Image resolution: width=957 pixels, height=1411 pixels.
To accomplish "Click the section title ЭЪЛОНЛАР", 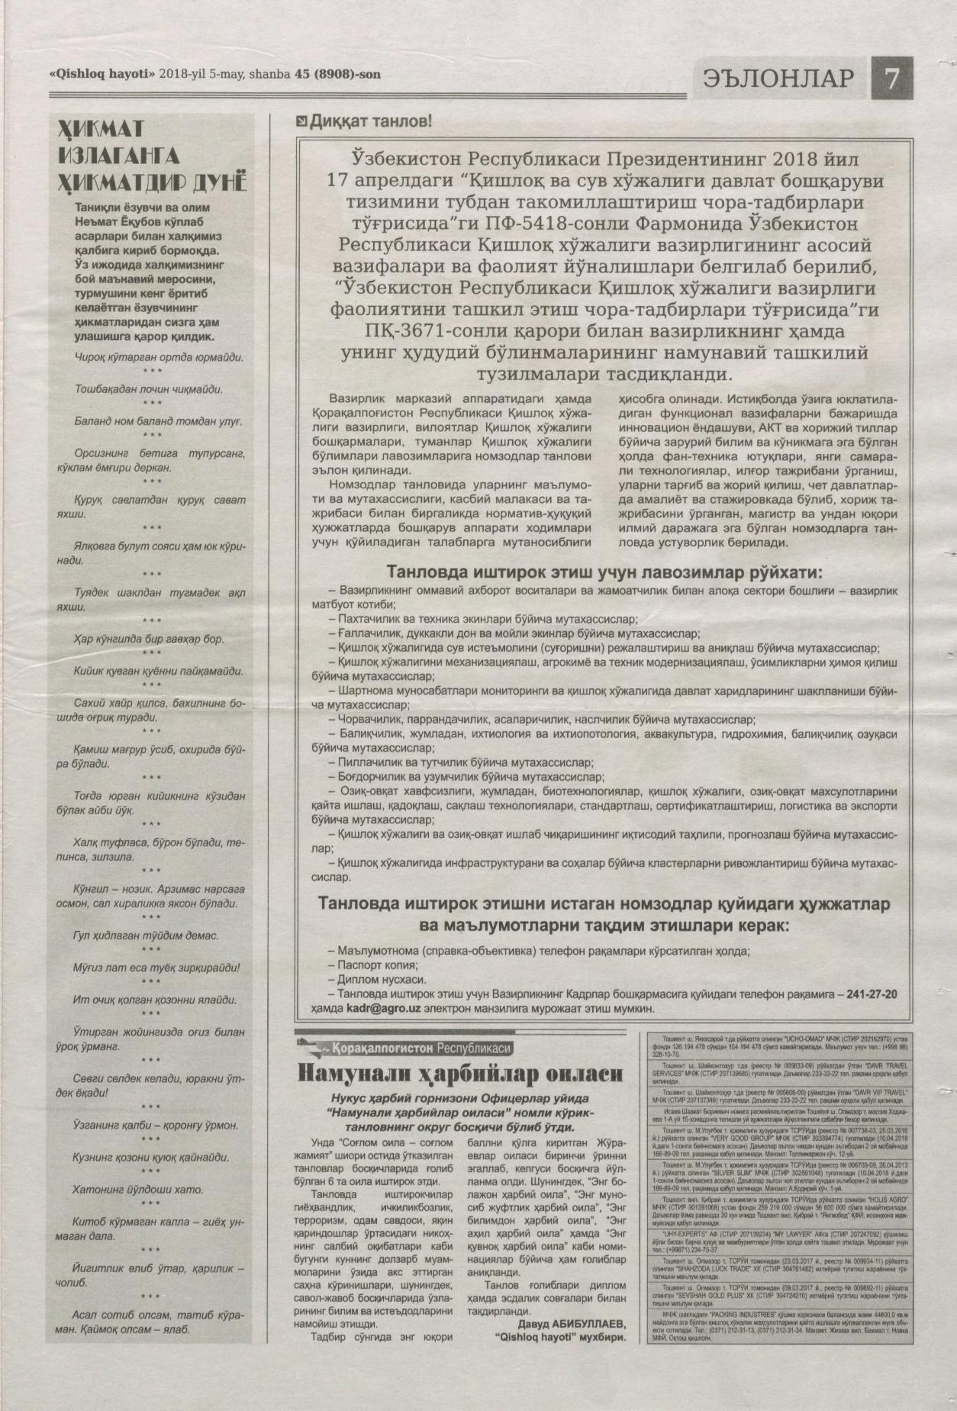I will [x=780, y=79].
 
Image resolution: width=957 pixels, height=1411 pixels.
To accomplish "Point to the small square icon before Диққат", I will [x=302, y=121].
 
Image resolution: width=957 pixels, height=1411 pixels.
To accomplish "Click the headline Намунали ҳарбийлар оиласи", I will [x=460, y=1074].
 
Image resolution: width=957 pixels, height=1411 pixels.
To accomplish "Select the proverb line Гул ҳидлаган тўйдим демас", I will [x=147, y=936].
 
